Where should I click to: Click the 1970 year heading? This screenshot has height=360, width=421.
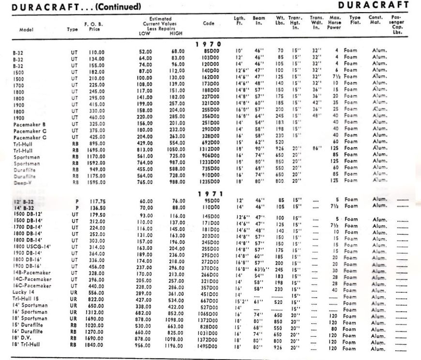pyautogui.click(x=209, y=45)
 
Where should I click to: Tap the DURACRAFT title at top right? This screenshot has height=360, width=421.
pyautogui.click(x=379, y=5)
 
